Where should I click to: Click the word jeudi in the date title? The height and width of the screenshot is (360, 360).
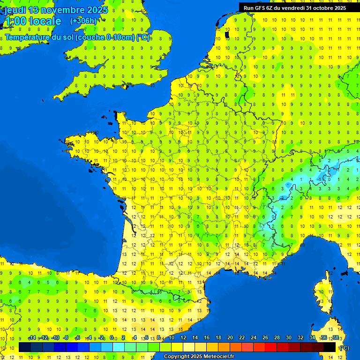tap(15, 10)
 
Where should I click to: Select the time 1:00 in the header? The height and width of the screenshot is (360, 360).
tap(15, 21)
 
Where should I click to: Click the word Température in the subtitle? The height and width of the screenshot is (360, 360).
tap(28, 37)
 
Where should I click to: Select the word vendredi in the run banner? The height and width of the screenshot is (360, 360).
tap(293, 7)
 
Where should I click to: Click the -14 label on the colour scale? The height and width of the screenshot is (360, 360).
tap(32, 337)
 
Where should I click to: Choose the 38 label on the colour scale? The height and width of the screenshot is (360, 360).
tap(335, 337)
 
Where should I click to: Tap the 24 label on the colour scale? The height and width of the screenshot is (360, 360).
tap(254, 337)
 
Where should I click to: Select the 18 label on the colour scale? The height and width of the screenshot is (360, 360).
tap(218, 337)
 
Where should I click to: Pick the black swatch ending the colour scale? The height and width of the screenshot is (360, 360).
tap(330, 347)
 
